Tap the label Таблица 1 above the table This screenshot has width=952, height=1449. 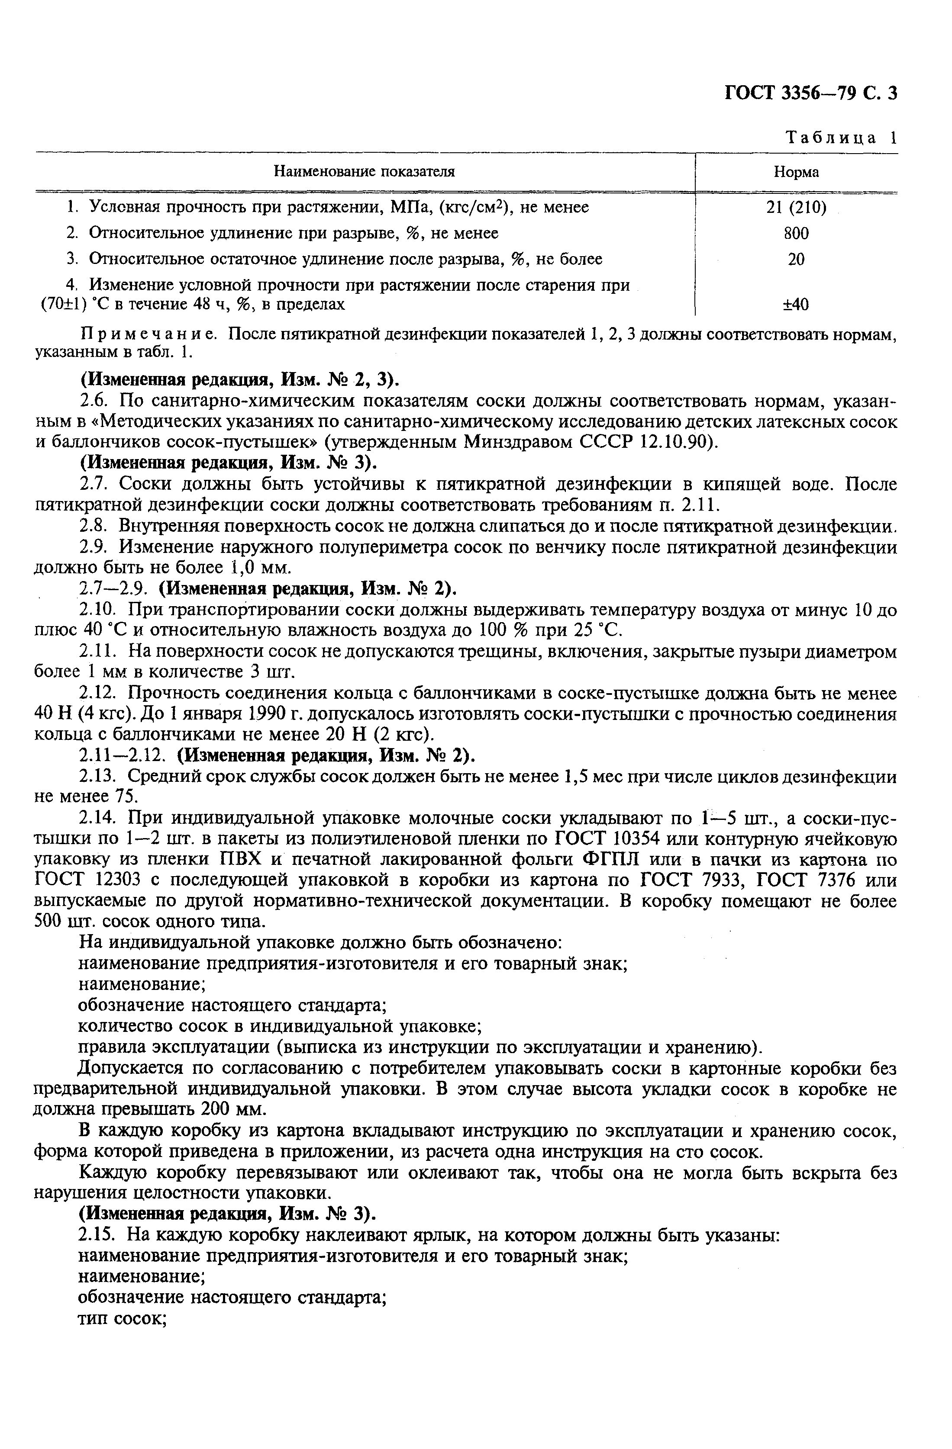pyautogui.click(x=841, y=138)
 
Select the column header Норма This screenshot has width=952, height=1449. pyautogui.click(x=796, y=172)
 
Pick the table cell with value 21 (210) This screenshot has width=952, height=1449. pyautogui.click(x=796, y=208)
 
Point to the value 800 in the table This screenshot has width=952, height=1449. pyautogui.click(x=796, y=234)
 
